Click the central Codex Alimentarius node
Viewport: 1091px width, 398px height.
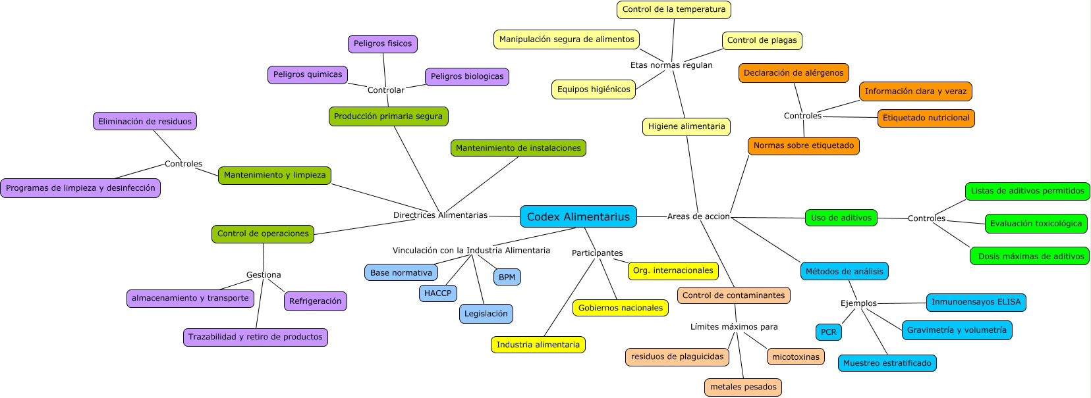tap(578, 216)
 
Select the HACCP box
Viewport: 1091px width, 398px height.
tap(437, 293)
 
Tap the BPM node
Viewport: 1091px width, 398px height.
tap(507, 277)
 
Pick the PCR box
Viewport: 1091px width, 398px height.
tap(828, 332)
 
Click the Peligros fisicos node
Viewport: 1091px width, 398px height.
tap(382, 44)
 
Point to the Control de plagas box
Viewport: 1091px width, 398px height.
tap(762, 41)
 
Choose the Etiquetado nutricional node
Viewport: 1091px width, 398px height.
tap(926, 118)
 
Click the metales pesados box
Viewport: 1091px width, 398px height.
tap(743, 387)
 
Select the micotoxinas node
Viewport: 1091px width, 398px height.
tap(795, 357)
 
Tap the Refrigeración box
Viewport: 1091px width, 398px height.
tap(315, 301)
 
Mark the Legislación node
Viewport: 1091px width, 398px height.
tap(486, 314)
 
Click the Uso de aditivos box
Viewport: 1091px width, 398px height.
tap(841, 218)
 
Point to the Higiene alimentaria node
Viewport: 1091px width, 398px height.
tap(686, 127)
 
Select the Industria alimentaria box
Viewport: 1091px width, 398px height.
tap(538, 345)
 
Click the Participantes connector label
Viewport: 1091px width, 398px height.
tap(597, 253)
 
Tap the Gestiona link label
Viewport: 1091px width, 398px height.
tap(264, 275)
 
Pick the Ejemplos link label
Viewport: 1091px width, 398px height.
tap(858, 303)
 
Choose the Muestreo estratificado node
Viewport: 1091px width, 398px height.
tap(887, 363)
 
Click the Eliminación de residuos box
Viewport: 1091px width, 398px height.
tap(144, 122)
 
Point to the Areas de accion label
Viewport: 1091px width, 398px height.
tap(698, 216)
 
